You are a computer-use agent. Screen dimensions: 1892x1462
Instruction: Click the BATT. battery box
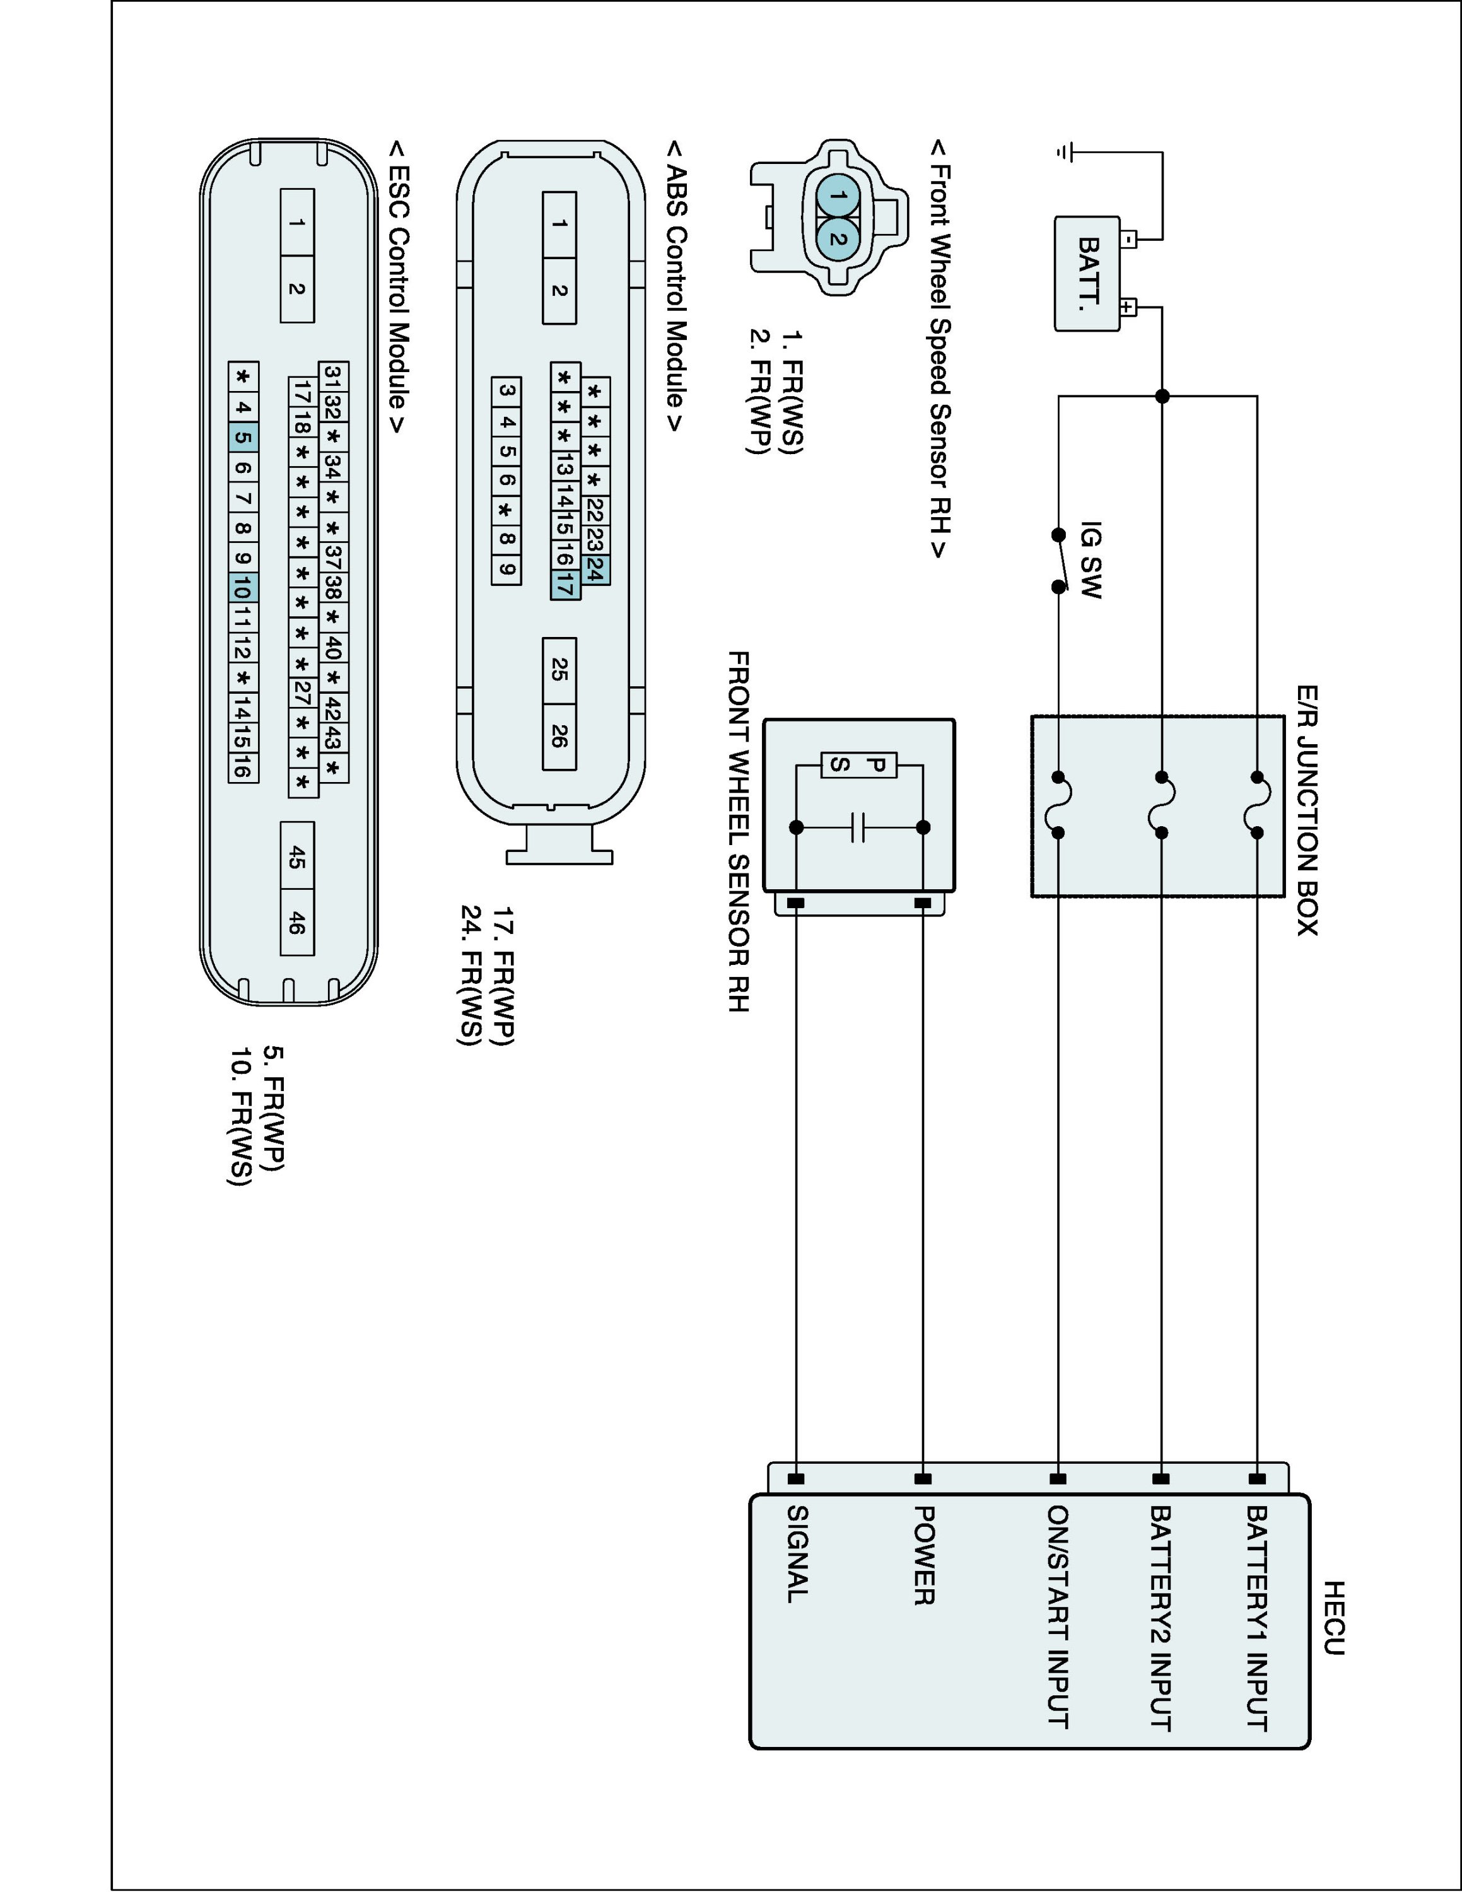[x=1087, y=274]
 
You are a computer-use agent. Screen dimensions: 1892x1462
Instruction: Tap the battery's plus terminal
[x=1127, y=307]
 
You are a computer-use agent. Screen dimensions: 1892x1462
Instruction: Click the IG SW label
[x=1091, y=559]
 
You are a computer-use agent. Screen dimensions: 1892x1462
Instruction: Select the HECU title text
[x=1334, y=1618]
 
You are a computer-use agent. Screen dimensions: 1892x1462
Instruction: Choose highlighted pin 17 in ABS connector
[x=564, y=587]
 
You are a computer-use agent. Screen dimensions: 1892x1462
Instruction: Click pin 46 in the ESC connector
[x=297, y=922]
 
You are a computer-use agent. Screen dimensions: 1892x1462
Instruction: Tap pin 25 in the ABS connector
[x=559, y=670]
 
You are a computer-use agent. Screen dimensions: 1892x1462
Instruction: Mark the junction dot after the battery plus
[x=1162, y=396]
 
